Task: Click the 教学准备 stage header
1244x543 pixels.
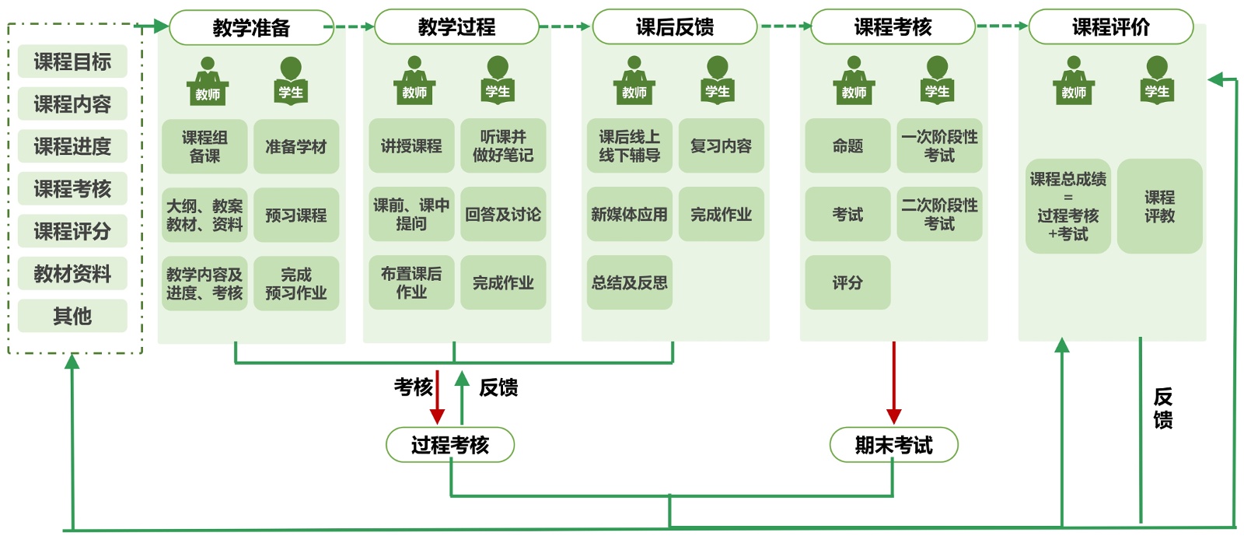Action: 251,27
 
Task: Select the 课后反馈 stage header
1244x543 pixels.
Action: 674,27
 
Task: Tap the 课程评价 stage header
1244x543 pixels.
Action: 1110,27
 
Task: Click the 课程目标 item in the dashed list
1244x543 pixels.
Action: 72,61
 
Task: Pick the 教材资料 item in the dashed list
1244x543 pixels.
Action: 72,274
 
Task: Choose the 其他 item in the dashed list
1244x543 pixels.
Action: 72,316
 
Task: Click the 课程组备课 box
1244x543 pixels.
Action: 204,146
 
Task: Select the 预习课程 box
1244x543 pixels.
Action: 296,215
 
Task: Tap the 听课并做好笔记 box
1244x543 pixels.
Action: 503,145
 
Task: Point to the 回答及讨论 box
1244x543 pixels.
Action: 503,214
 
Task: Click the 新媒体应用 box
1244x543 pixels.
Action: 629,214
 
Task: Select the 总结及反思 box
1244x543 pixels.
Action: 629,282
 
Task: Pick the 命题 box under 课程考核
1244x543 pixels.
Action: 847,145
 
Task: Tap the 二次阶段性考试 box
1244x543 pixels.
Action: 939,214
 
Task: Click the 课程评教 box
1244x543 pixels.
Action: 1159,206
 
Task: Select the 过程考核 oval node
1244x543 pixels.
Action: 450,445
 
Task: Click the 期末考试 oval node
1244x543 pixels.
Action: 893,445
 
